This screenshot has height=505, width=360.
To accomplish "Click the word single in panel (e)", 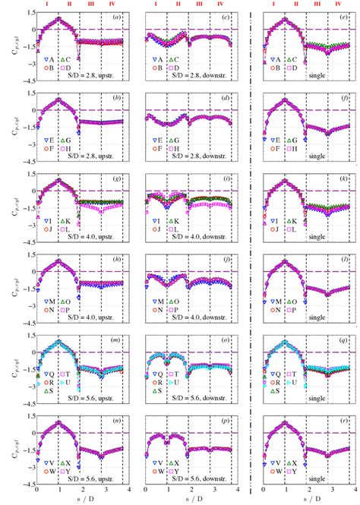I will tap(319, 76).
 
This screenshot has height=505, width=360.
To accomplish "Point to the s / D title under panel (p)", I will tap(191, 500).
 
